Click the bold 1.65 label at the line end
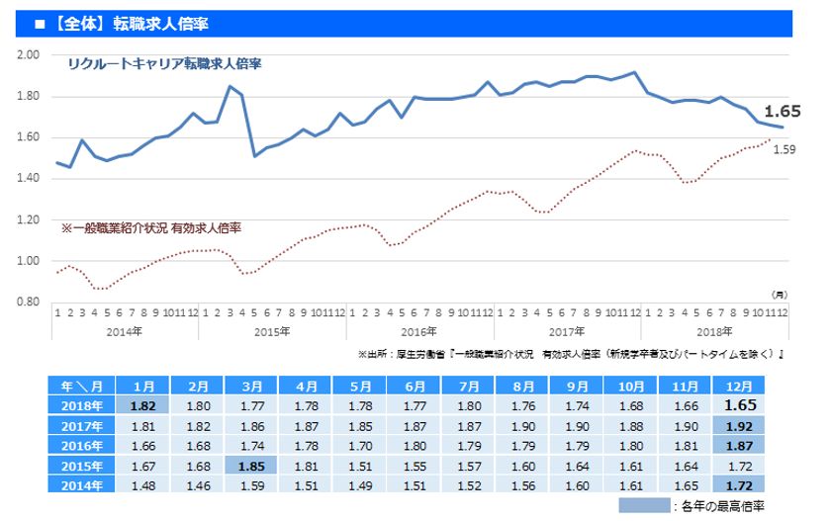782,111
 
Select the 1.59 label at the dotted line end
785,149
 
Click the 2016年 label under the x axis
419,331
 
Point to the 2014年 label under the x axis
123,331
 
